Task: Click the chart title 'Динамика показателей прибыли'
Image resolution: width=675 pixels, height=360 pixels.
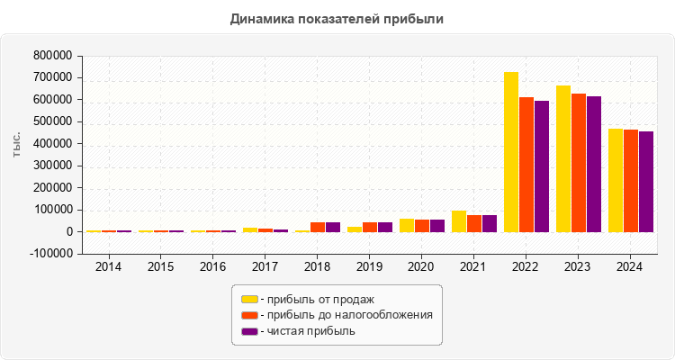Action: click(x=337, y=18)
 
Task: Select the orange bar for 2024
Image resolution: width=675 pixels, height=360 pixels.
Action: click(x=631, y=181)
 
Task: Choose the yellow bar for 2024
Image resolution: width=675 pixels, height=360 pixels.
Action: click(x=616, y=180)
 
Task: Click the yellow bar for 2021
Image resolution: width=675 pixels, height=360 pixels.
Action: click(x=459, y=221)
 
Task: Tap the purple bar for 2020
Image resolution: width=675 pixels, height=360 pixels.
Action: click(x=437, y=226)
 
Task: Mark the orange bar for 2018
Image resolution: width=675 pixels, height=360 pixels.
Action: click(x=318, y=227)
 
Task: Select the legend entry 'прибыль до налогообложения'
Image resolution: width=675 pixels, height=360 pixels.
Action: click(x=346, y=315)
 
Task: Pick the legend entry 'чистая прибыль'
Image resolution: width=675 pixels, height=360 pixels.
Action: click(x=307, y=331)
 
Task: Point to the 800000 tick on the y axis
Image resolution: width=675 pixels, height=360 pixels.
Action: click(x=51, y=56)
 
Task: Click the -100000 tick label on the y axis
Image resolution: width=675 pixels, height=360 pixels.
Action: click(x=49, y=254)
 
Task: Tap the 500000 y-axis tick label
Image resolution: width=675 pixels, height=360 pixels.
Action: click(x=51, y=121)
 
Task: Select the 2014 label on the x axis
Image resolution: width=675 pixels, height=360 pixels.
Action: click(x=109, y=267)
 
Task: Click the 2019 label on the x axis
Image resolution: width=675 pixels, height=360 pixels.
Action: click(x=369, y=267)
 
